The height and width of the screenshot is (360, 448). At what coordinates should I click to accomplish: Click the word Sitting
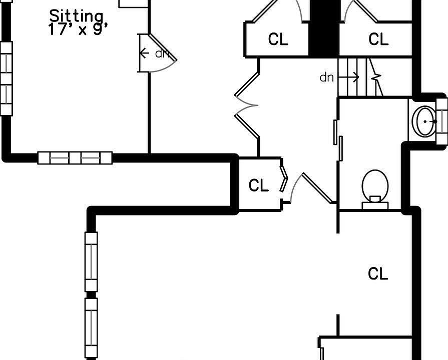click(77, 16)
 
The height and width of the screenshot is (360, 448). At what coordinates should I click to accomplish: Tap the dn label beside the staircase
click(326, 77)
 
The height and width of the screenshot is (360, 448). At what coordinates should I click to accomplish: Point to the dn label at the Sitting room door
click(162, 53)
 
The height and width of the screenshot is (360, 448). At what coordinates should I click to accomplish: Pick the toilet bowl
click(375, 183)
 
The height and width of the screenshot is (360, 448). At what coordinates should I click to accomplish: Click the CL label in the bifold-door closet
click(259, 185)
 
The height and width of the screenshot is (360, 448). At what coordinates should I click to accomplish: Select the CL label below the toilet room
click(378, 274)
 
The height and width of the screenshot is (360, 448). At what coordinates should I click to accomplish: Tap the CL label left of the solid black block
click(278, 39)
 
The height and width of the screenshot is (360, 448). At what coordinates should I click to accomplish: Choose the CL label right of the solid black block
click(378, 39)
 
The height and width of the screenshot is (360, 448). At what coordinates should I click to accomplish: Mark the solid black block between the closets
click(324, 27)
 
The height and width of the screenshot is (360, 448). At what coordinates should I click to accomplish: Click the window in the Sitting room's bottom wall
click(75, 158)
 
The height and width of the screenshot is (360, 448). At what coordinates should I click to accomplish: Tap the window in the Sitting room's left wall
click(6, 78)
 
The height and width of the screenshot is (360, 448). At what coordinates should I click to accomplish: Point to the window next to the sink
click(442, 120)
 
